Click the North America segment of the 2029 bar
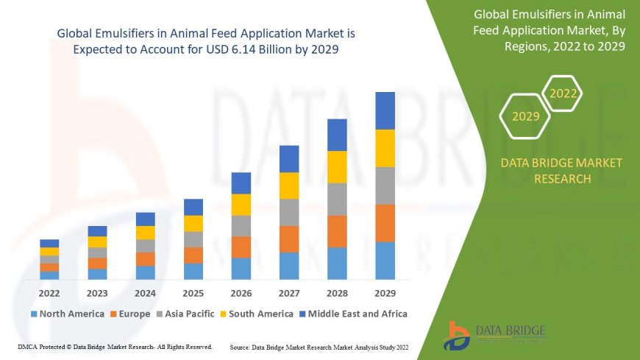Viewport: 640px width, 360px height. click(x=385, y=261)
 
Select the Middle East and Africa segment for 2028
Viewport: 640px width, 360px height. click(x=337, y=135)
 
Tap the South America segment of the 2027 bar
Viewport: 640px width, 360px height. click(x=289, y=186)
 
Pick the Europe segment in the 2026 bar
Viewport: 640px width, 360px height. click(x=241, y=247)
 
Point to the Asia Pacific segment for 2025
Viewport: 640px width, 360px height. click(x=193, y=239)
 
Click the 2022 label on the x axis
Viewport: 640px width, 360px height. click(x=49, y=292)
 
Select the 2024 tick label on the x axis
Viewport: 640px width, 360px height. click(x=145, y=292)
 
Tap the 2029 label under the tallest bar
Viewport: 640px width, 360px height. click(x=385, y=292)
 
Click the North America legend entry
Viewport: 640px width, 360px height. click(x=67, y=314)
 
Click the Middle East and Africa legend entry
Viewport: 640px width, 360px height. click(x=353, y=314)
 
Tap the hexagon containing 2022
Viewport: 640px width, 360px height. click(x=563, y=93)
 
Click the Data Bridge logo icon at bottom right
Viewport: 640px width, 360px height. click(x=458, y=335)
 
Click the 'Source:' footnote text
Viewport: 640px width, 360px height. click(x=319, y=346)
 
